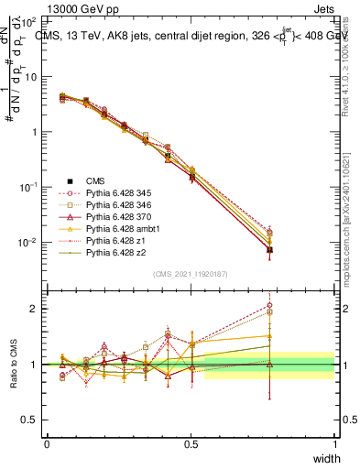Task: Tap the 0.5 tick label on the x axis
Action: point(191,443)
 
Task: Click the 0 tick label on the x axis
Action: point(47,443)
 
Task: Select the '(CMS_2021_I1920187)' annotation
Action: point(191,273)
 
